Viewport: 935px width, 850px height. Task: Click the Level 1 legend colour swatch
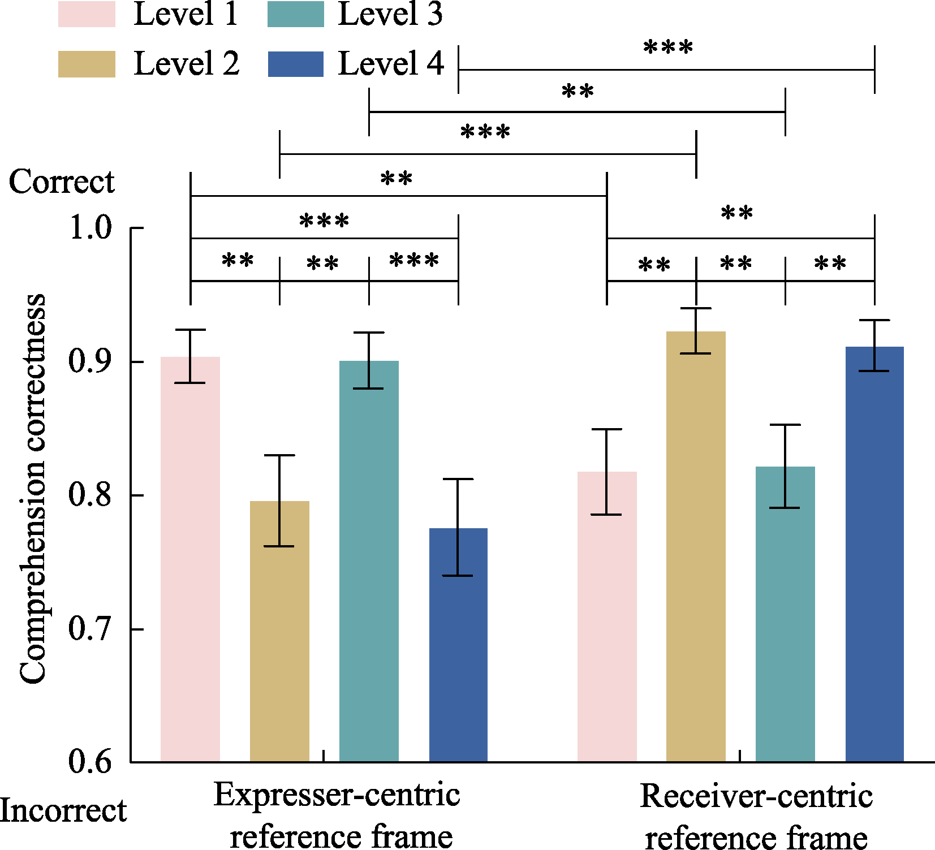[87, 14]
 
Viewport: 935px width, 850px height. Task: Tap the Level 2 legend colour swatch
[87, 64]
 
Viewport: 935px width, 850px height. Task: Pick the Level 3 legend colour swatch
[296, 14]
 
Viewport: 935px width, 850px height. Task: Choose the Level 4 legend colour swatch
[296, 64]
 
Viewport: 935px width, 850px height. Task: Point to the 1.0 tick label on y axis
[90, 228]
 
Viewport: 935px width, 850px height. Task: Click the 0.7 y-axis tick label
[90, 629]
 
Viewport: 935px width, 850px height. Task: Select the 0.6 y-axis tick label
[90, 762]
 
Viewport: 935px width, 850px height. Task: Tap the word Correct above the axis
[62, 182]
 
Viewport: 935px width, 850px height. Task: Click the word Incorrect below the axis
[63, 811]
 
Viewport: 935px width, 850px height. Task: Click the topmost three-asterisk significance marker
[668, 48]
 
